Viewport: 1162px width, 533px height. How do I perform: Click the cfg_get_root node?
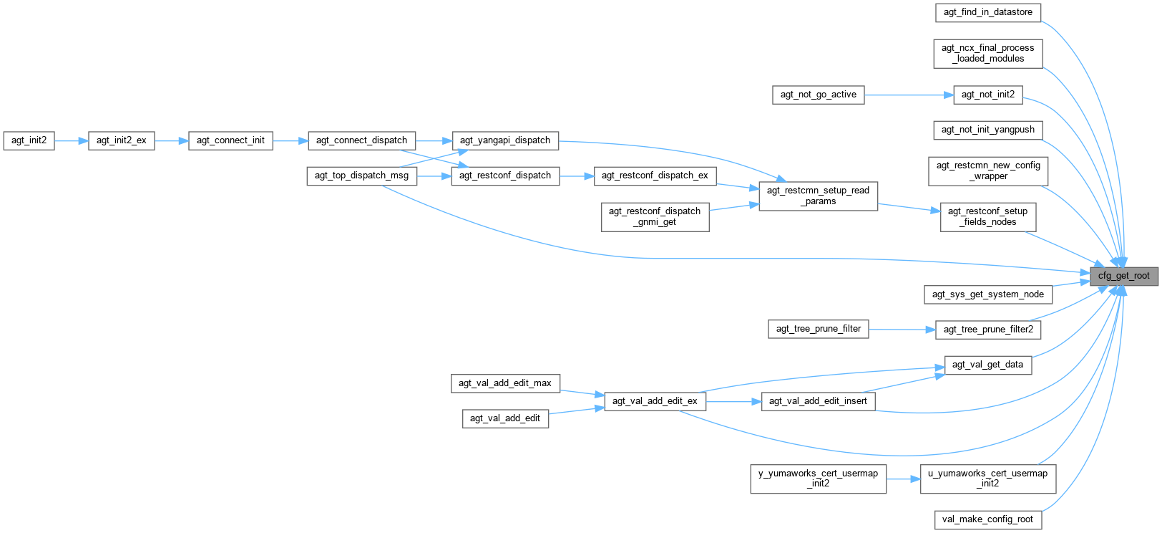(1123, 276)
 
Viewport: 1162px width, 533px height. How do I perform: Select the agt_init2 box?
(29, 140)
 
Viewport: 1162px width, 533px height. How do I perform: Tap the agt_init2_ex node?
(121, 140)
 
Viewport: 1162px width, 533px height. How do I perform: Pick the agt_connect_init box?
(230, 140)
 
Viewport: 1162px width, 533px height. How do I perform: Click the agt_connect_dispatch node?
(361, 140)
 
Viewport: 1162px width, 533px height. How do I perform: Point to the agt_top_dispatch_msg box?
(361, 176)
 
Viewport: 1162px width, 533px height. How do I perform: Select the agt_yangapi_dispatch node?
(505, 140)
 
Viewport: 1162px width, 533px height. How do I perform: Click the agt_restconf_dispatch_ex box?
(655, 176)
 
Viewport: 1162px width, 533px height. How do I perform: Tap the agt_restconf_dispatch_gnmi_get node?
(655, 216)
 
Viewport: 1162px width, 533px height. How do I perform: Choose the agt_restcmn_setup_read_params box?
(818, 196)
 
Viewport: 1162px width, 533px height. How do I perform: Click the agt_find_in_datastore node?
(987, 12)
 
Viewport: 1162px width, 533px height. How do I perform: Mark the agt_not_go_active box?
(818, 95)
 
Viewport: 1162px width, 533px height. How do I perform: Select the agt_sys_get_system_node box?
(987, 294)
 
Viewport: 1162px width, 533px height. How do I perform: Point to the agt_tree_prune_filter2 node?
(988, 330)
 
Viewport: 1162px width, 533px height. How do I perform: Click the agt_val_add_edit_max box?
(504, 383)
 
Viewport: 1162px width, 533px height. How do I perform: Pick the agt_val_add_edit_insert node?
(818, 401)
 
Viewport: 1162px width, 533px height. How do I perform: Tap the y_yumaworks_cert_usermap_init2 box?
(818, 479)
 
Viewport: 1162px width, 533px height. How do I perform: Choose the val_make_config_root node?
(987, 519)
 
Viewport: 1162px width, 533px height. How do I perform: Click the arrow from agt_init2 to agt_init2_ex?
(71, 140)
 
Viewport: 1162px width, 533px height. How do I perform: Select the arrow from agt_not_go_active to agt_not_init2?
(909, 95)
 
